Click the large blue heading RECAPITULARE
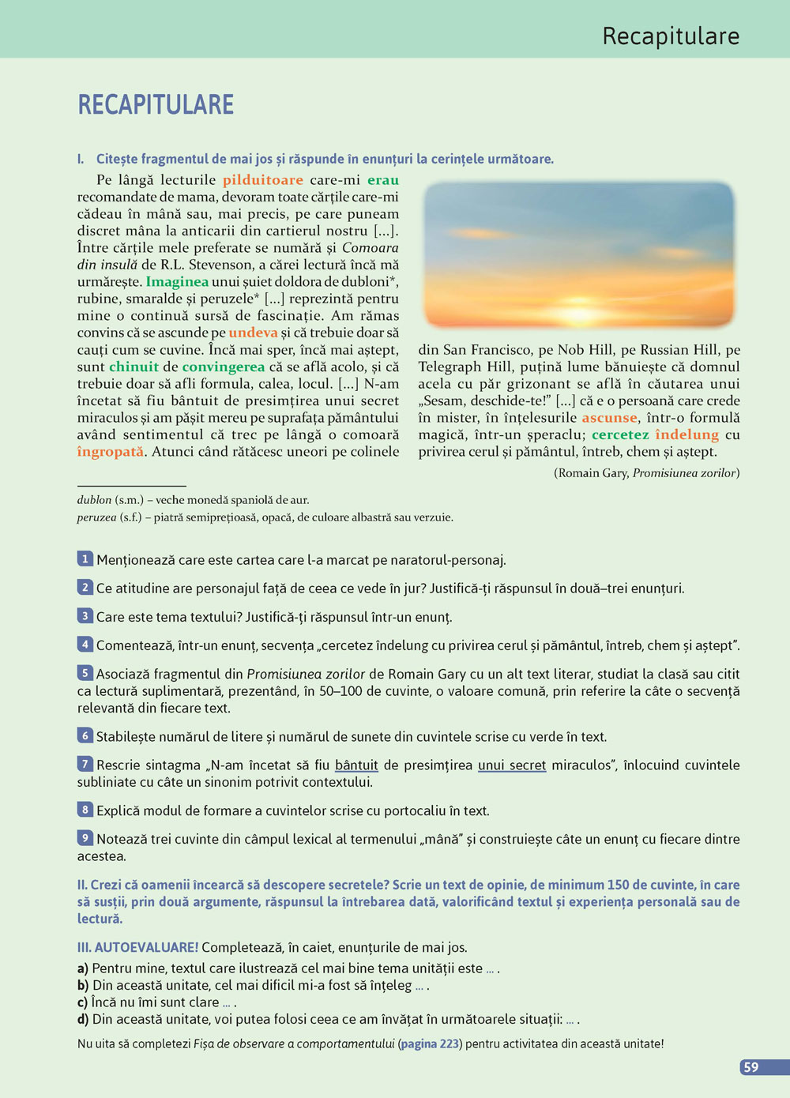click(156, 105)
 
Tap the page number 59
click(751, 1067)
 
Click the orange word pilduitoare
click(262, 180)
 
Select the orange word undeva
click(253, 333)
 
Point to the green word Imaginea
click(177, 282)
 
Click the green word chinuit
click(134, 367)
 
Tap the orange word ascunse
click(609, 418)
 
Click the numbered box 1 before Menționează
click(85, 559)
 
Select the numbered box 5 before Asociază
click(85, 673)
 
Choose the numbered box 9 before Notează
click(85, 838)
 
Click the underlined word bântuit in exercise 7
click(356, 765)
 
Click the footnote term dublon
click(94, 500)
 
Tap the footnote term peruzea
click(96, 517)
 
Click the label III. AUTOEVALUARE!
click(137, 947)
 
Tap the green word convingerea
click(224, 367)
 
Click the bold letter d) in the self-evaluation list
click(83, 1019)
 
